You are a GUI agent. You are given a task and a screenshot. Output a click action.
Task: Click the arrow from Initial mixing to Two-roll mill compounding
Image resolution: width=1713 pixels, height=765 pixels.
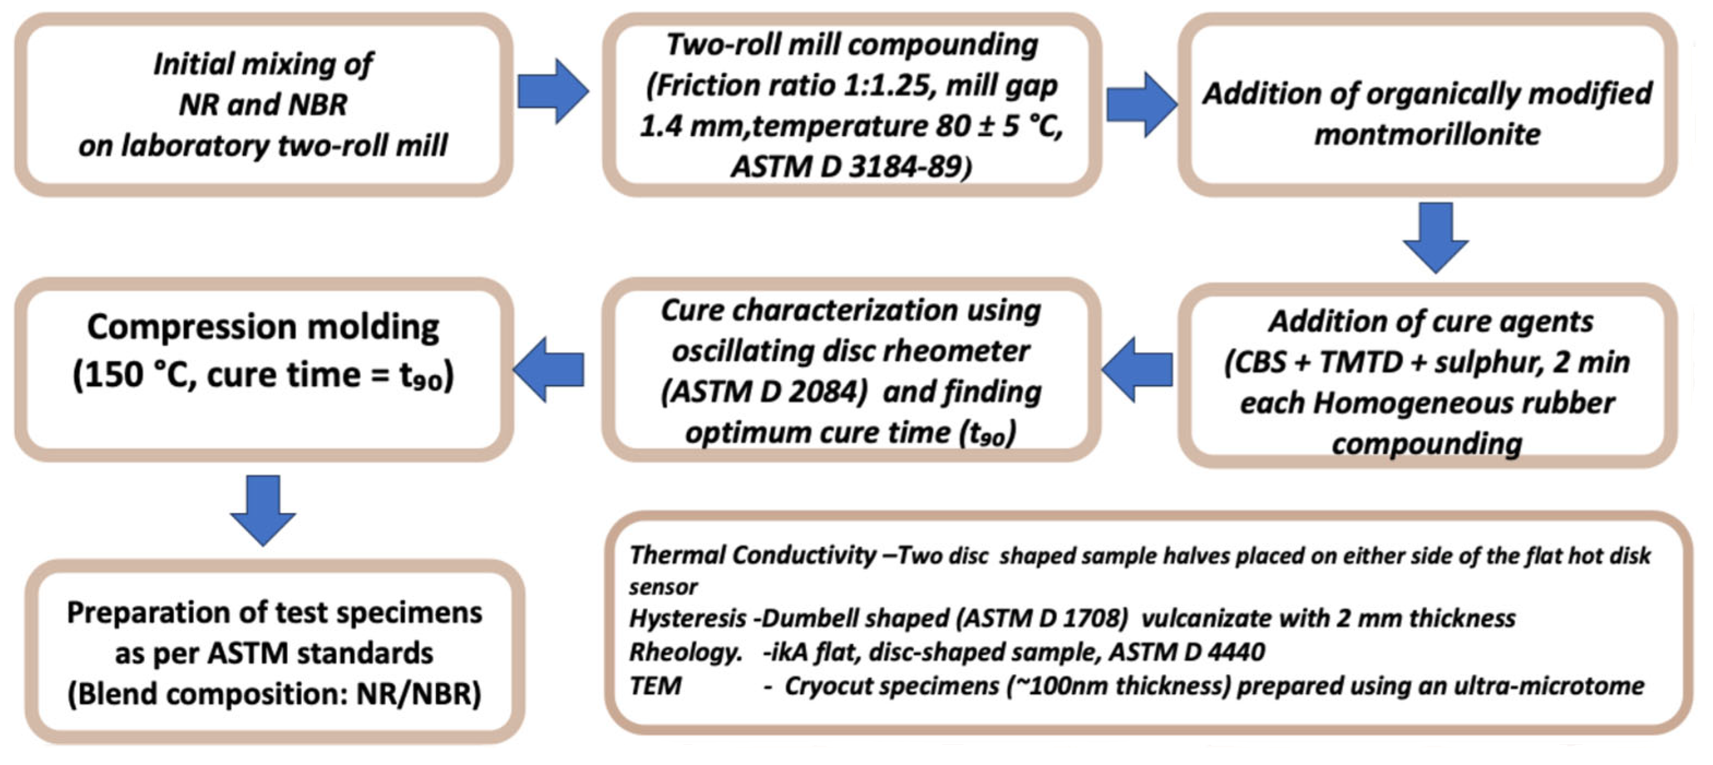tap(553, 91)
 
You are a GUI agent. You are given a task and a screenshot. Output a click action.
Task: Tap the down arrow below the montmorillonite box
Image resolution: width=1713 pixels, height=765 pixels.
tap(1435, 237)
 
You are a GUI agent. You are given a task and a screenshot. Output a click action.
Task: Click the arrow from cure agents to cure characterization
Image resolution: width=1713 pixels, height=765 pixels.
tap(1138, 369)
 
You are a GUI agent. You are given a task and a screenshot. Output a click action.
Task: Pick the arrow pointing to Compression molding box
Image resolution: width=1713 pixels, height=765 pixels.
tap(549, 369)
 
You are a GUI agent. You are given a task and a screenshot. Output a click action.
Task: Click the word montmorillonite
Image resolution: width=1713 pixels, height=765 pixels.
tap(1427, 134)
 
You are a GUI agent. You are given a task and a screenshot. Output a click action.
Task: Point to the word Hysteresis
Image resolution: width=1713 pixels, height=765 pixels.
tap(687, 619)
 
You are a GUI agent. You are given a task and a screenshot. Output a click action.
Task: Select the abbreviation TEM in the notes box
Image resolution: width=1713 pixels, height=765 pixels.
tap(655, 686)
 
